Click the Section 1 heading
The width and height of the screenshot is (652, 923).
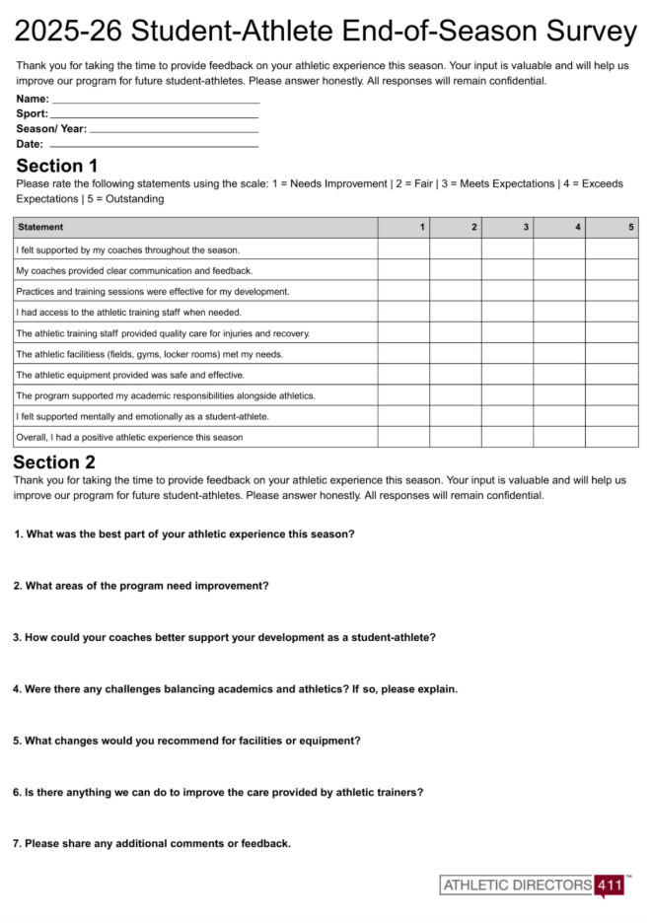tap(57, 166)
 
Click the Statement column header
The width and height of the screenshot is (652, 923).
tap(40, 228)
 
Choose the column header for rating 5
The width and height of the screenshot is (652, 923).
tap(612, 228)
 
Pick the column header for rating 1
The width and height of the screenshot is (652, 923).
tap(403, 228)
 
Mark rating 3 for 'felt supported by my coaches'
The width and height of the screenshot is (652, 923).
tap(507, 249)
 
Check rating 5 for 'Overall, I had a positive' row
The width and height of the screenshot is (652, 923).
tap(612, 437)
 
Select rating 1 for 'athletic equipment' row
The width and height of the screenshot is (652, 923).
tap(403, 375)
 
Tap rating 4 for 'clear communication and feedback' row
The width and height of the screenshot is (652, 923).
tap(559, 270)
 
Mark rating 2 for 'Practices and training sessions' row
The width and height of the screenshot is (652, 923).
tap(456, 291)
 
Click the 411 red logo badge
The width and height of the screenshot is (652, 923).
tap(610, 885)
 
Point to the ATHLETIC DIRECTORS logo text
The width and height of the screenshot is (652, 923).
tap(517, 885)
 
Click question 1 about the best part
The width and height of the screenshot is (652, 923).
tap(184, 533)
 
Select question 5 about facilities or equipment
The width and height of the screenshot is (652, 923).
tap(186, 740)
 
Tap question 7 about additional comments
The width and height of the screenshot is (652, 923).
tap(152, 843)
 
